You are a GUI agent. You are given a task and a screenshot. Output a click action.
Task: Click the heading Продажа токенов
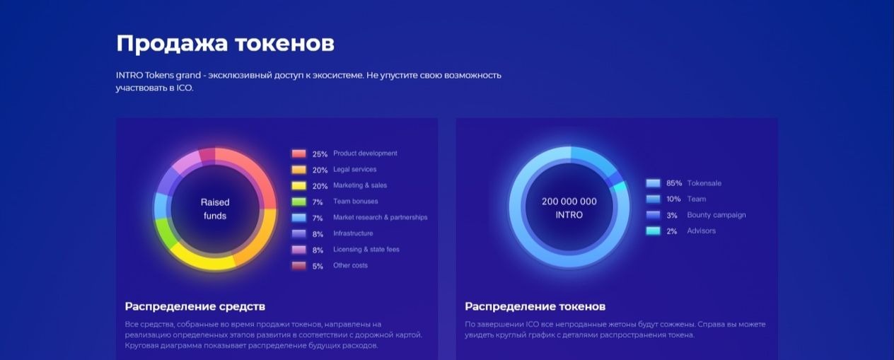(x=225, y=44)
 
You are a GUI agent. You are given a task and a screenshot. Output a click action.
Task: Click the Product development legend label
(x=365, y=153)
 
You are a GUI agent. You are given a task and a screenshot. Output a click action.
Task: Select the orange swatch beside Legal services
(x=299, y=170)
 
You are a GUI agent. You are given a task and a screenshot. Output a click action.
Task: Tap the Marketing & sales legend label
(x=360, y=185)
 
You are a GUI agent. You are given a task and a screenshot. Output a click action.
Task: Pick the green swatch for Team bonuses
(x=299, y=202)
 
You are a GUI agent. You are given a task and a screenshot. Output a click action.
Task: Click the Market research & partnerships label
(x=381, y=217)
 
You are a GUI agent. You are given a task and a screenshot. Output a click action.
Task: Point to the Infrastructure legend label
(x=353, y=233)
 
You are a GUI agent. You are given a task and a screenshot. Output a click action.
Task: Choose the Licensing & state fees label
(x=366, y=249)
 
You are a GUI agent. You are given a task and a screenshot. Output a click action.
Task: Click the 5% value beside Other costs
(x=318, y=266)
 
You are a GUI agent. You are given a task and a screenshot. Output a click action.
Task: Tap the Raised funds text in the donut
(x=215, y=209)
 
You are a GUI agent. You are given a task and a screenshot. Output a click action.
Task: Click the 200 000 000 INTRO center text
(x=569, y=208)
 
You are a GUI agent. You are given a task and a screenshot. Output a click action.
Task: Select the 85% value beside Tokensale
(x=674, y=183)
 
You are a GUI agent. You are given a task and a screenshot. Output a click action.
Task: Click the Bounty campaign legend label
(x=716, y=215)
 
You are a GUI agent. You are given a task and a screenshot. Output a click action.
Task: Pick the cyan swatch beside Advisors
(x=654, y=231)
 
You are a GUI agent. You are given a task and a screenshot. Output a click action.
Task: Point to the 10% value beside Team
(x=674, y=199)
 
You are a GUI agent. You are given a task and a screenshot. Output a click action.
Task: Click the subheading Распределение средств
(x=195, y=306)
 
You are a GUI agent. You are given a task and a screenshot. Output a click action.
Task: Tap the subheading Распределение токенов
(x=535, y=306)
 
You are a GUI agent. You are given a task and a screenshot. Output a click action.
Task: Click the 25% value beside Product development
(x=320, y=154)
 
